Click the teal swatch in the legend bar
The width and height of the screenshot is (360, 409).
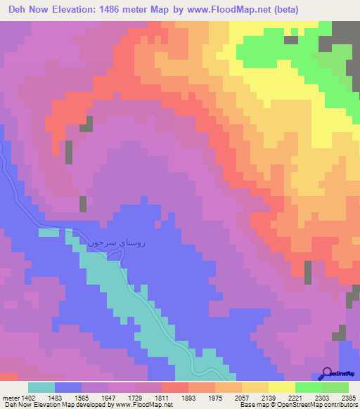pyautogui.click(x=41, y=387)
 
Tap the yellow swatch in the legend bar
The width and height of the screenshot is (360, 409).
pyautogui.click(x=282, y=387)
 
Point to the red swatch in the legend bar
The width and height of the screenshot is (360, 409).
pyautogui.click(x=175, y=387)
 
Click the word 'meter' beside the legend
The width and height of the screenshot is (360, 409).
pyautogui.click(x=11, y=397)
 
